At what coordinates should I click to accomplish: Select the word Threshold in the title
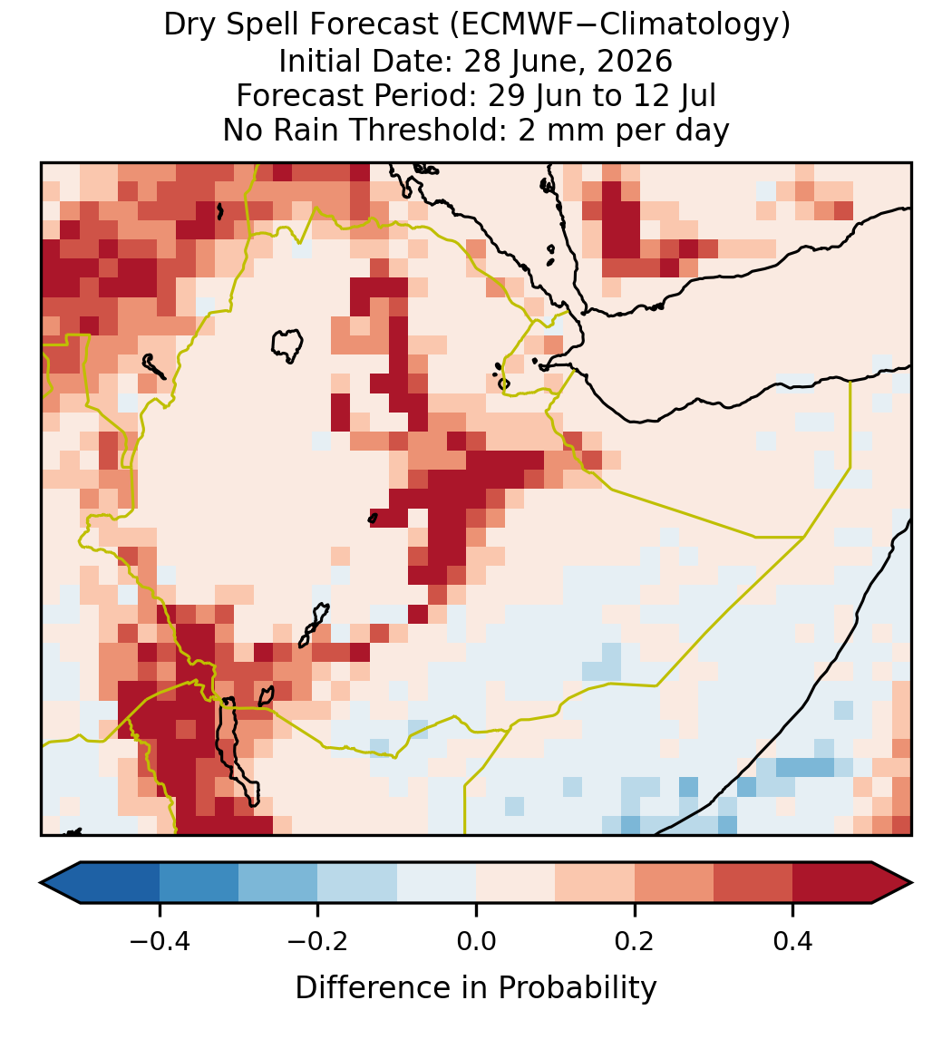pyautogui.click(x=431, y=130)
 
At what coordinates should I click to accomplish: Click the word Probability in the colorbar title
pyautogui.click(x=578, y=988)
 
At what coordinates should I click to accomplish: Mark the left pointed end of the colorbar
pyautogui.click(x=41, y=883)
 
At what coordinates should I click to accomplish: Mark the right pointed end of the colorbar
pyautogui.click(x=913, y=883)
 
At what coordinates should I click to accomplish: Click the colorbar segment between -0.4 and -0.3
pyautogui.click(x=199, y=883)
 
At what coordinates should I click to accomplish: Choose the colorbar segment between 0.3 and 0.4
pyautogui.click(x=753, y=883)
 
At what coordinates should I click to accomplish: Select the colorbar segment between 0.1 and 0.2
pyautogui.click(x=595, y=883)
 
